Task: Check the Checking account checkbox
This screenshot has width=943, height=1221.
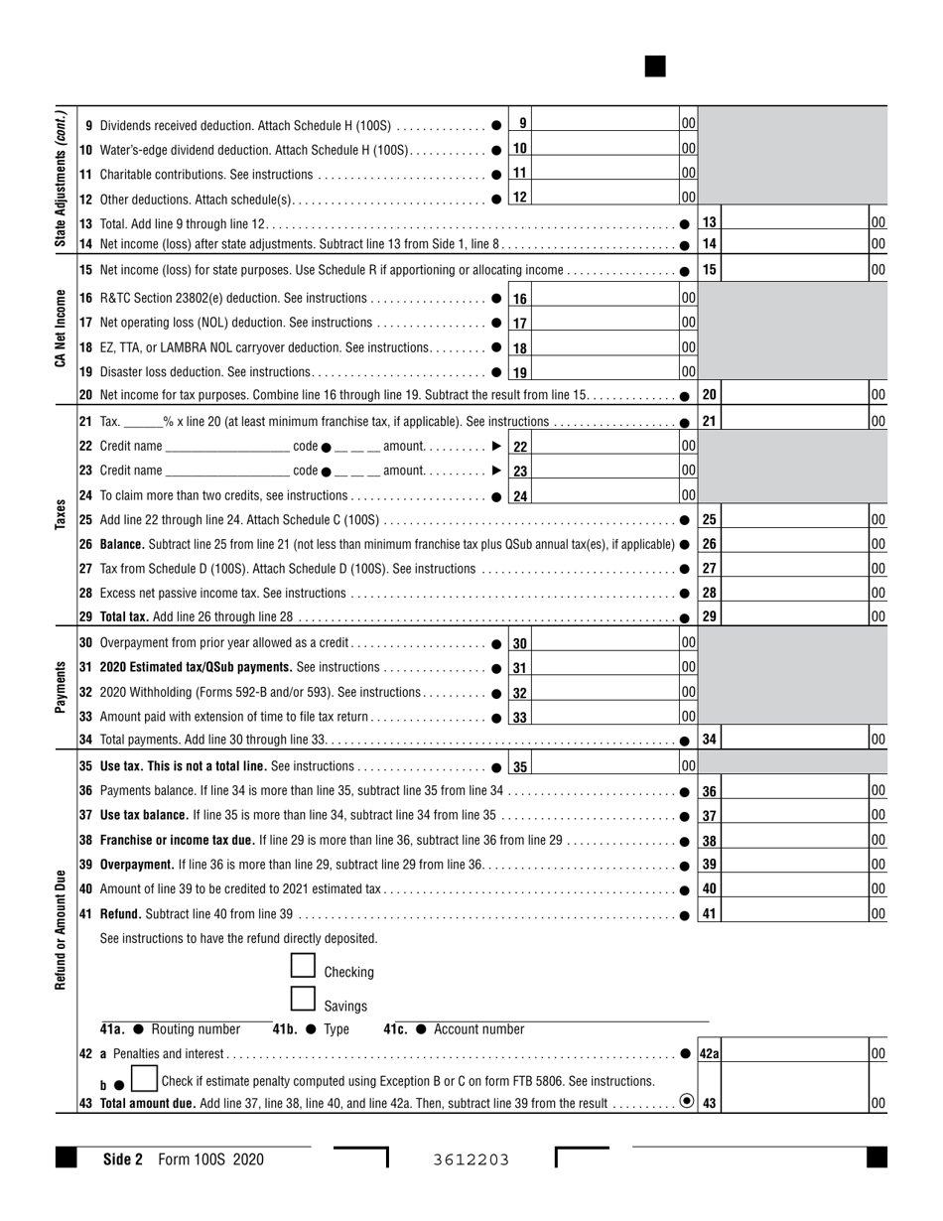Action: point(303,966)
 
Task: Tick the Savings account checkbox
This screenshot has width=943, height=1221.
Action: point(303,1000)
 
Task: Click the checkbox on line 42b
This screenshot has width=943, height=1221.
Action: point(144,1079)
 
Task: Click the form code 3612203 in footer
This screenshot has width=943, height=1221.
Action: point(471,1159)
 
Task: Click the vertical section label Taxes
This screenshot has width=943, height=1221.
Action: point(60,514)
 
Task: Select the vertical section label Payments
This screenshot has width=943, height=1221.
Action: point(60,688)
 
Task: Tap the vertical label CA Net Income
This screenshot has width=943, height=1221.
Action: point(60,330)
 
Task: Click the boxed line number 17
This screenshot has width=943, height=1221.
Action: point(520,324)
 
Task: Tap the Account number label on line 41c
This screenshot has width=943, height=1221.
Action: point(478,1029)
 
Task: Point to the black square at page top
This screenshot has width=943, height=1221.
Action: point(655,67)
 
